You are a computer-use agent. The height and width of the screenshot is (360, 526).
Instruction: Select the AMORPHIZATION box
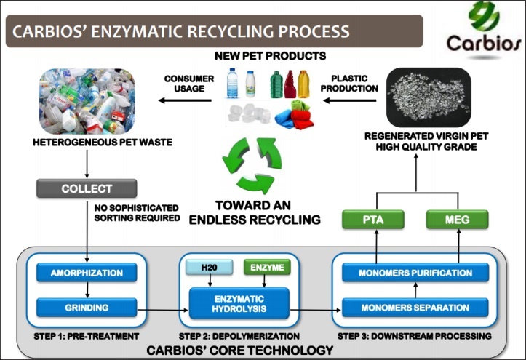tap(87, 273)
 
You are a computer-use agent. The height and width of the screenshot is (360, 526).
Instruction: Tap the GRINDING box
tap(87, 307)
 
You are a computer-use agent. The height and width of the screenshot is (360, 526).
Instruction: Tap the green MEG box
tap(458, 219)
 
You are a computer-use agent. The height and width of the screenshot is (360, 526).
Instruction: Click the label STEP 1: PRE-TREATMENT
tap(87, 335)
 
